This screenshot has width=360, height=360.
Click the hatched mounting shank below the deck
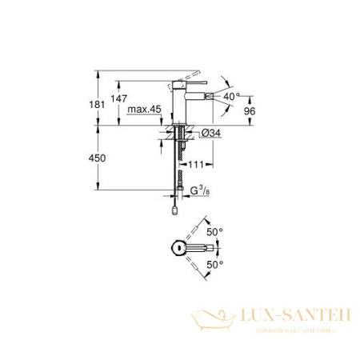pyautogui.click(x=182, y=133)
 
